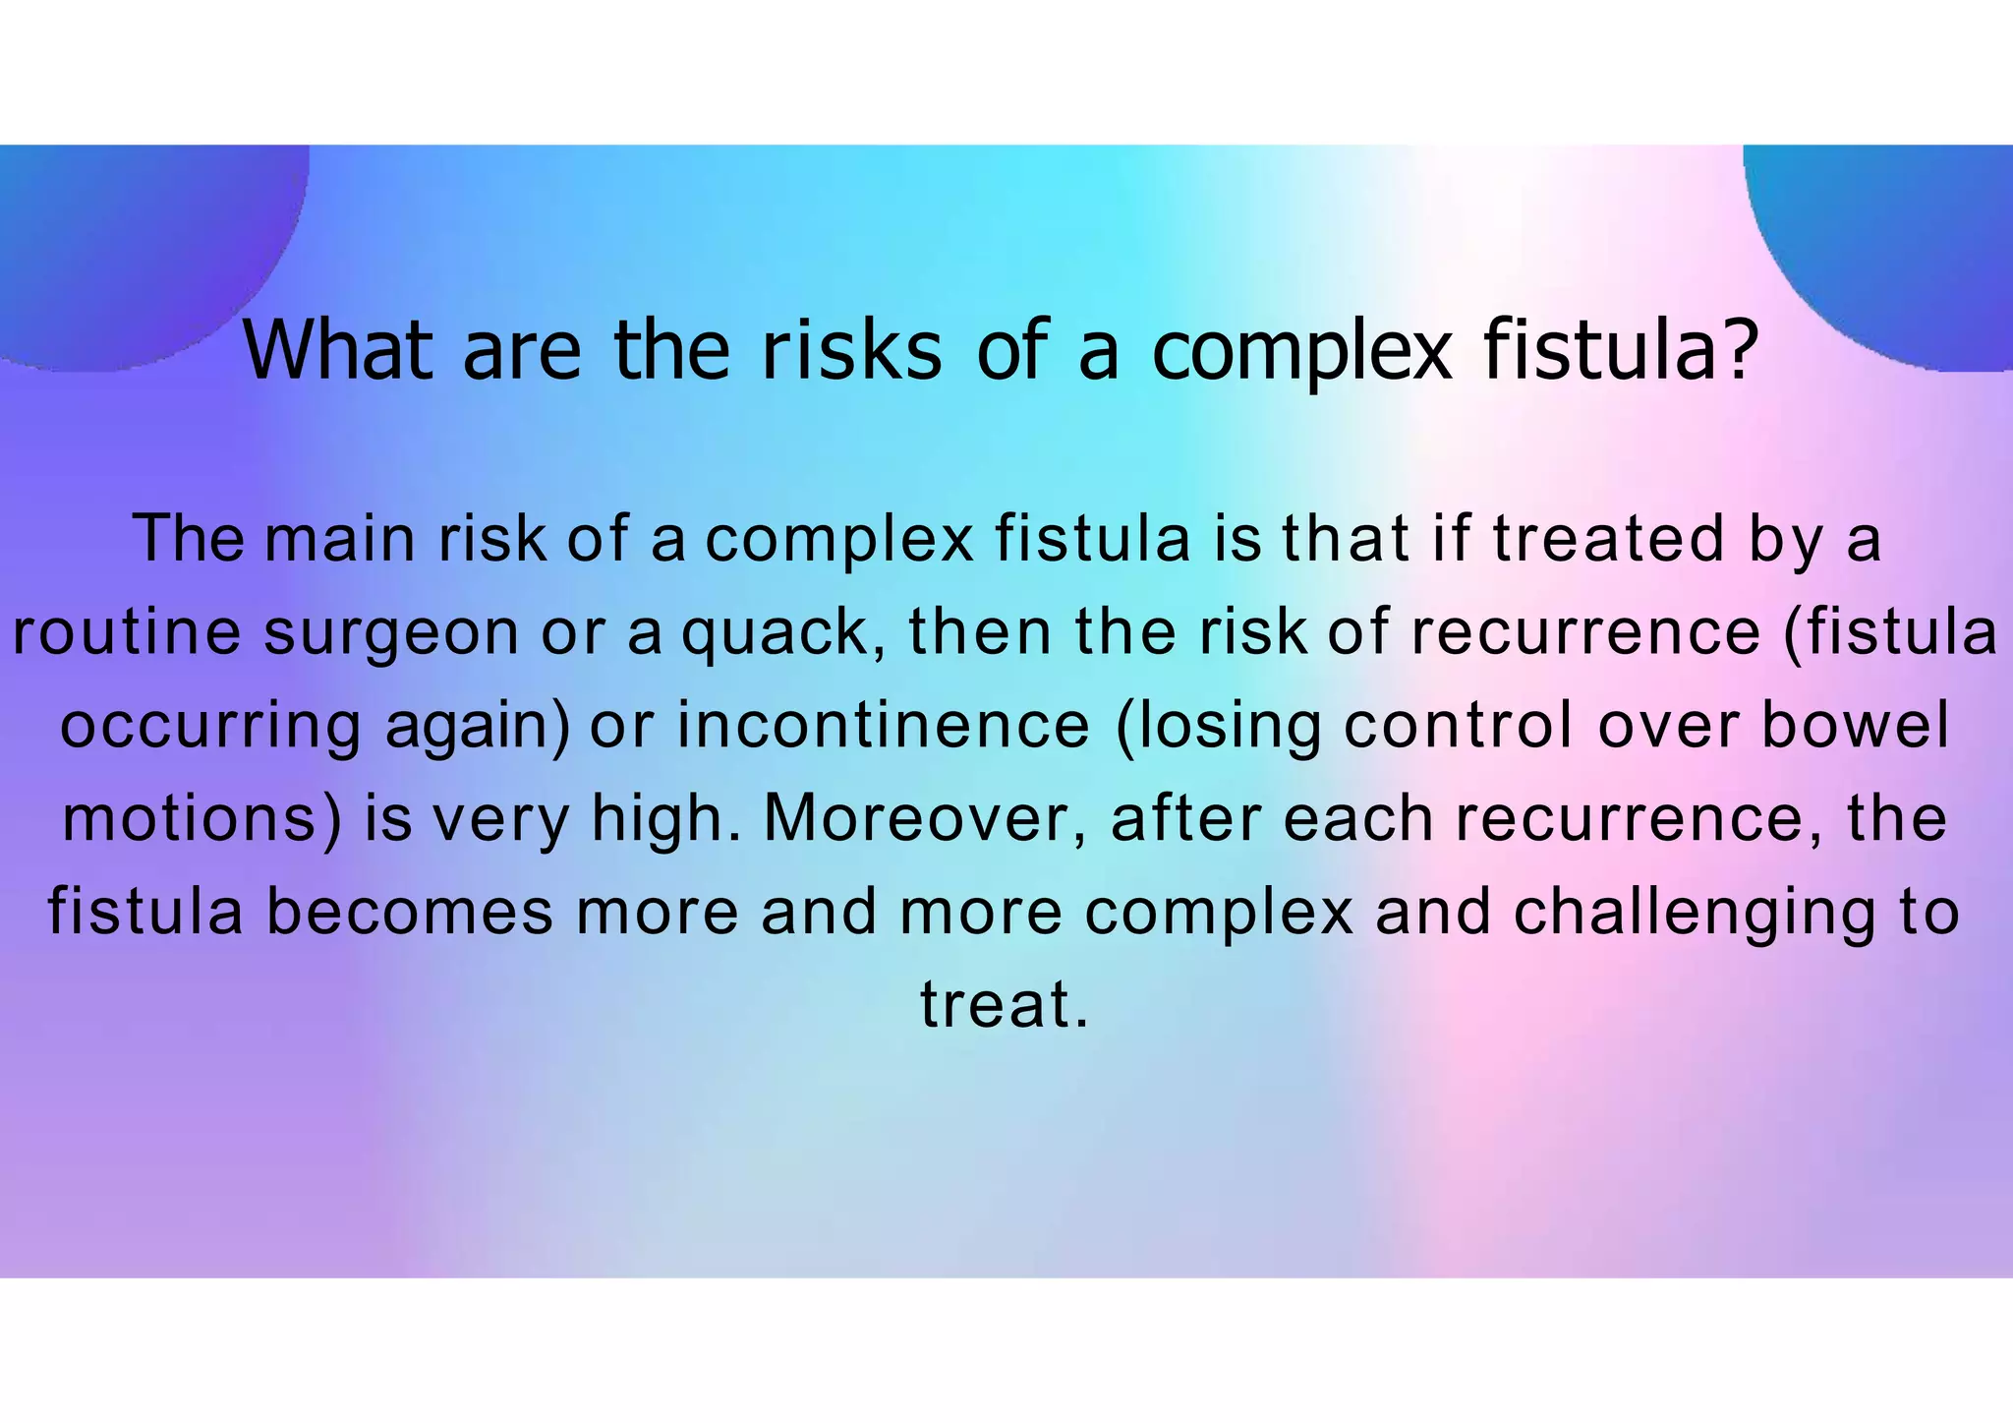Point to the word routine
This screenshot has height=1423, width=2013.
126,631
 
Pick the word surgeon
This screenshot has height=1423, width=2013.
391,631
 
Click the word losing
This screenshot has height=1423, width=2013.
1219,726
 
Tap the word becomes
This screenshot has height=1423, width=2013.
411,912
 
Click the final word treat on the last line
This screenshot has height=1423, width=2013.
997,1004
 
